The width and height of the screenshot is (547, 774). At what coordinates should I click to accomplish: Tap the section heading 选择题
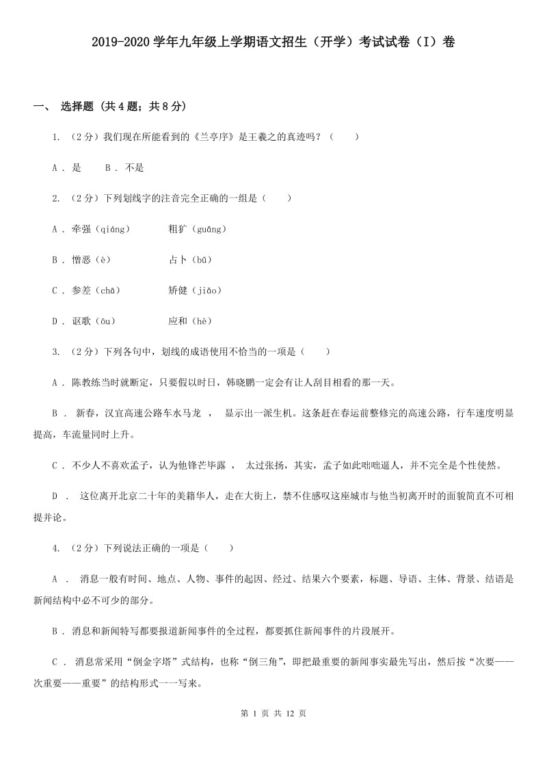(77, 106)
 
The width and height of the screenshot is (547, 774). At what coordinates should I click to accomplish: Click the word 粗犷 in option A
(176, 229)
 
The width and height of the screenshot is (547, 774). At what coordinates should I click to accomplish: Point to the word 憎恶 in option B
(81, 260)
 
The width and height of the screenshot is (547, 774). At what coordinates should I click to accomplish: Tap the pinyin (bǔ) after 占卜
(200, 260)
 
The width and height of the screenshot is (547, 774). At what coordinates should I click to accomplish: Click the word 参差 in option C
(81, 291)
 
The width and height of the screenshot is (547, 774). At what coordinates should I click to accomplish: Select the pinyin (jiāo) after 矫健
(204, 291)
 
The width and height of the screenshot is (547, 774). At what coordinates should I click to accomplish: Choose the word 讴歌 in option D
(81, 321)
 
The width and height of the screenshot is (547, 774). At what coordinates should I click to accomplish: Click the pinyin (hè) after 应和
(200, 321)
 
